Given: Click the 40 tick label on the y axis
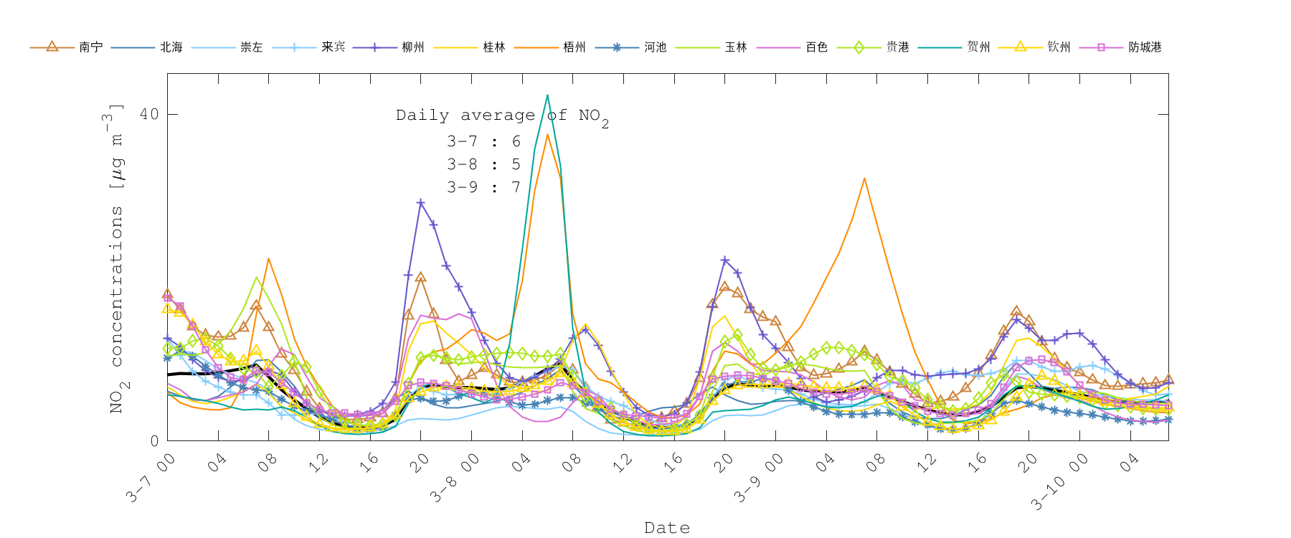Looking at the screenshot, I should pos(149,114).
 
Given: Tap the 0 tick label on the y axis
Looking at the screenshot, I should pos(154,440).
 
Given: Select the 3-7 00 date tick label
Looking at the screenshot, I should pos(151,477).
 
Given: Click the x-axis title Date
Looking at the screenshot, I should pos(667,528).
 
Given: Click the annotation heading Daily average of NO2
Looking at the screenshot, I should pos(502,115).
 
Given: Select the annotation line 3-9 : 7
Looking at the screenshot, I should pos(483,187).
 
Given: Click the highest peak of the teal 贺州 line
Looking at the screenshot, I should pos(547,95).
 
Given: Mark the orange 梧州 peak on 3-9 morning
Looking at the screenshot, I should pos(864,178).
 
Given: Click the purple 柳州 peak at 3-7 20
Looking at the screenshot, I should pos(421,203).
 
